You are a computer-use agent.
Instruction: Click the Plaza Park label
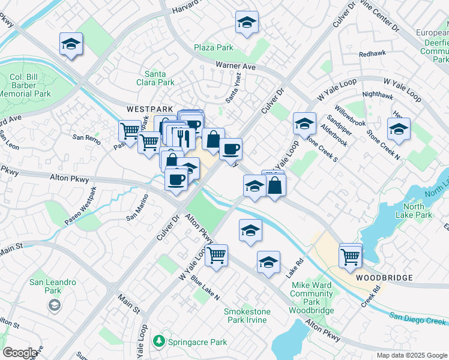[213, 47]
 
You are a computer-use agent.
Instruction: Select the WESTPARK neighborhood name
[146, 109]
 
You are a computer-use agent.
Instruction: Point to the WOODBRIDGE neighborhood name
[384, 278]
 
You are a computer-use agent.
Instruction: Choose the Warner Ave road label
[236, 67]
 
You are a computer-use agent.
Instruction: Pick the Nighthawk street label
[378, 94]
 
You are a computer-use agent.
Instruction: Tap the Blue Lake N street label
[205, 288]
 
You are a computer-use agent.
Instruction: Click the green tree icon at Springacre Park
[158, 341]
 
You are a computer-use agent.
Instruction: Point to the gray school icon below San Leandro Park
[55, 306]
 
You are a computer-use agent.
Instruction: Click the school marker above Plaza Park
[247, 23]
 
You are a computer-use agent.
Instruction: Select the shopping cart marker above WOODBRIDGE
[350, 256]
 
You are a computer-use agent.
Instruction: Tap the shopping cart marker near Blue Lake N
[216, 255]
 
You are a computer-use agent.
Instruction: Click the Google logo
[20, 353]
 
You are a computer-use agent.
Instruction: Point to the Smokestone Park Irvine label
[247, 316]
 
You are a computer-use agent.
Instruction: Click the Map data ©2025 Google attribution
[411, 355]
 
